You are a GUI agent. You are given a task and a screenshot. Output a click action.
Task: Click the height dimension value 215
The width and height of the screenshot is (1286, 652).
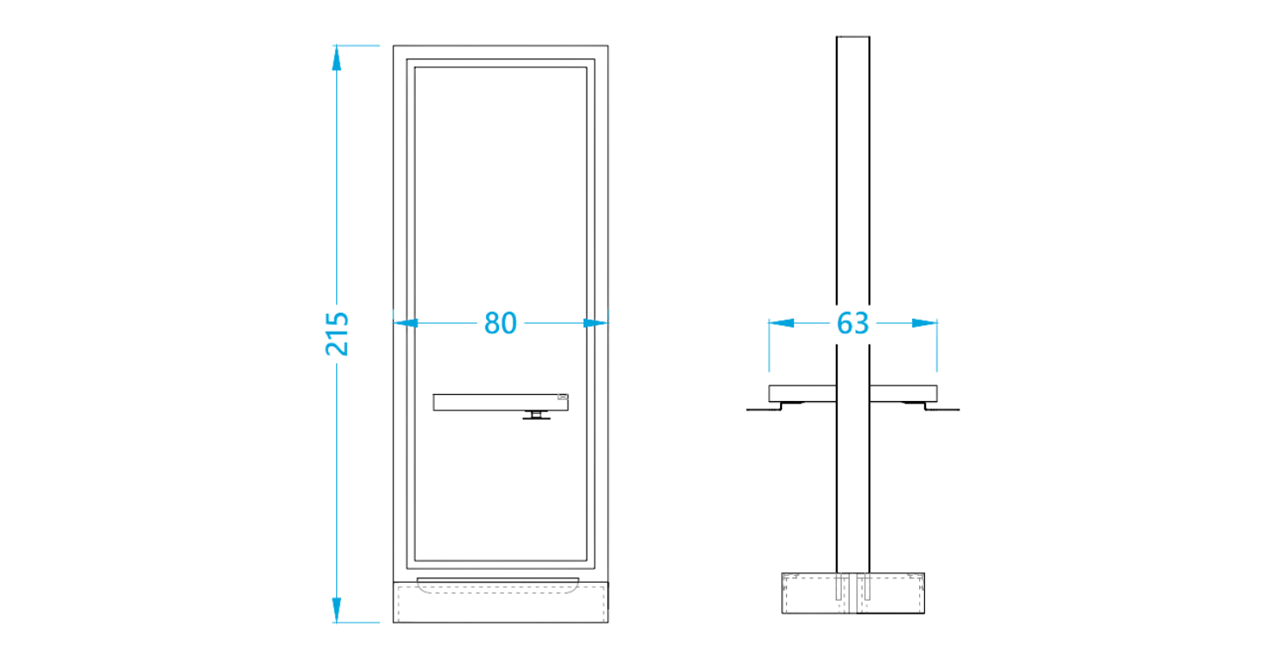tap(337, 334)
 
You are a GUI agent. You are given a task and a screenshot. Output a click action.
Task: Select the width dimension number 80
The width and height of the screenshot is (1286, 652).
tap(500, 323)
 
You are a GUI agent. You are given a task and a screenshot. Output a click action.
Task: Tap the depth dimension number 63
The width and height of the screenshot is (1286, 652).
tap(852, 323)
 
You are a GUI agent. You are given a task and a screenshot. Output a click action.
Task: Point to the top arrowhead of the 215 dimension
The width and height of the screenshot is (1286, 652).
tap(336, 58)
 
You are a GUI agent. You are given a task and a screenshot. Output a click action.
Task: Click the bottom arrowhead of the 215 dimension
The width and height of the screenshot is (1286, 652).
tap(336, 609)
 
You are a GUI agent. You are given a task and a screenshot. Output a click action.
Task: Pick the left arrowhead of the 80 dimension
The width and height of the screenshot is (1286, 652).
tap(406, 323)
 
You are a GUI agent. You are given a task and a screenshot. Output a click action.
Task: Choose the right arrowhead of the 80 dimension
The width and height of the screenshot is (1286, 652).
tap(595, 323)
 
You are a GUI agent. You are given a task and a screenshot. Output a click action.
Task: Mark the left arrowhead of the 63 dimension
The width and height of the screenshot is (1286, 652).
tap(781, 323)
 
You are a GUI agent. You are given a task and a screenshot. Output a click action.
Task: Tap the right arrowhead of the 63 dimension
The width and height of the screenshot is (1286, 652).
tap(924, 323)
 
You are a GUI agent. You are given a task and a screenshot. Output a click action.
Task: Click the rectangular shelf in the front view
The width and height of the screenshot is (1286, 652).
tap(501, 403)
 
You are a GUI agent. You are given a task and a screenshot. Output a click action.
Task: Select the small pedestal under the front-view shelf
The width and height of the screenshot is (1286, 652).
tap(536, 416)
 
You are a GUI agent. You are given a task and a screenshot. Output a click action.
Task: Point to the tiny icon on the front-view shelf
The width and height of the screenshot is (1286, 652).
tap(562, 397)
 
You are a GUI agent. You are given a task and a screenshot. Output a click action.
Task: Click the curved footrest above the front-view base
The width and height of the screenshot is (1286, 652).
tap(498, 585)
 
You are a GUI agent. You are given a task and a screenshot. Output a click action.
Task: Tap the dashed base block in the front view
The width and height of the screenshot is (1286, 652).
tap(501, 602)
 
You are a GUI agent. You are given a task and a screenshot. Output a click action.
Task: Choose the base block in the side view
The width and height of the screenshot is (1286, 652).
tap(853, 594)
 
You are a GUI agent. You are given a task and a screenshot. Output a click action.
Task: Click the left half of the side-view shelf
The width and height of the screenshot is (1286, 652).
tap(802, 393)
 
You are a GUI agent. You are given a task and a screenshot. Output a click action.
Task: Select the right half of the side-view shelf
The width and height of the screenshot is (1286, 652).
tap(903, 393)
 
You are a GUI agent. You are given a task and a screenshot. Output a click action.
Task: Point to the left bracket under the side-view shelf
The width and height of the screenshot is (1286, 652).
tap(775, 406)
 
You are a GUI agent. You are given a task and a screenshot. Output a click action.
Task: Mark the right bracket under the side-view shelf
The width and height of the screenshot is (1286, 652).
tap(931, 406)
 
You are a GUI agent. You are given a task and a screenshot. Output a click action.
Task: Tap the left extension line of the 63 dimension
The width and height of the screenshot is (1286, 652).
tap(769, 345)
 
